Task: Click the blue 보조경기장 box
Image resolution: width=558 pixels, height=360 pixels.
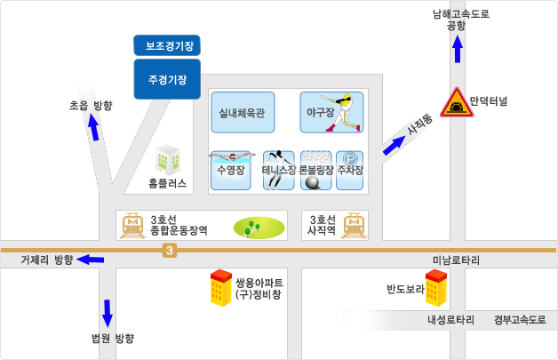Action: pos(168,44)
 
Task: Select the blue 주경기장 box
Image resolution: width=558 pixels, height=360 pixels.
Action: pos(167,79)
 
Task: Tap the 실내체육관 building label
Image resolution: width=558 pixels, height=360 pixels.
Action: pos(243,112)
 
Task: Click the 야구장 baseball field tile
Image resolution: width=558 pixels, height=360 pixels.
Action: pos(331,112)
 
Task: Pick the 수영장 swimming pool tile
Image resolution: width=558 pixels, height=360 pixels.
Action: pos(230,170)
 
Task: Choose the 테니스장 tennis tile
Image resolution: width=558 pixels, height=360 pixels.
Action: pos(279,170)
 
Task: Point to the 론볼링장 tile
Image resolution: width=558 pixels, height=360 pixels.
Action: pos(316,170)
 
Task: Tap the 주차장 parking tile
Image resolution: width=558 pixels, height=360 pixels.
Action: pos(351,170)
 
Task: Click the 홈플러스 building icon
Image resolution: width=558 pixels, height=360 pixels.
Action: pos(167,160)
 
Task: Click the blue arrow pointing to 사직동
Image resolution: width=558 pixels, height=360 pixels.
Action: pos(393,146)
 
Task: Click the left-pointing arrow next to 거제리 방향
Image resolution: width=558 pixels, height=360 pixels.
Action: pos(91,260)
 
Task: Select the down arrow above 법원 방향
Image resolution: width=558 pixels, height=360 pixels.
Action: pos(108,313)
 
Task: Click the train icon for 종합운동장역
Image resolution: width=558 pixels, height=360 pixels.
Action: pos(134,225)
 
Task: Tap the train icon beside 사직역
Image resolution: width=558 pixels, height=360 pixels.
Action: pos(355,225)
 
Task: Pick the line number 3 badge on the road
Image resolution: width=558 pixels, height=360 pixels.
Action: pos(169,252)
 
